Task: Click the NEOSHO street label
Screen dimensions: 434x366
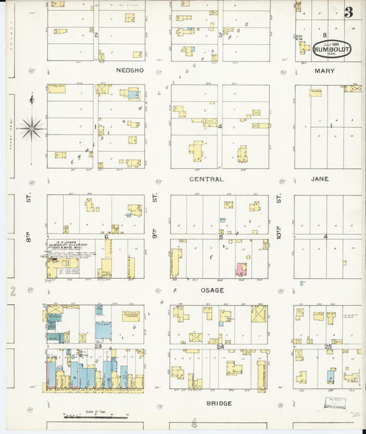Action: [133, 70]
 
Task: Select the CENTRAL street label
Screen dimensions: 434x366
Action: [206, 179]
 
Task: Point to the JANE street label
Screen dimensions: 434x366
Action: [320, 179]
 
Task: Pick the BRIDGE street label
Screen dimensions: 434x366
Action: [219, 403]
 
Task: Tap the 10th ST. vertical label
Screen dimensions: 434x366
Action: [279, 218]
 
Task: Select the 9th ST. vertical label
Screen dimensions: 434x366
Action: [155, 218]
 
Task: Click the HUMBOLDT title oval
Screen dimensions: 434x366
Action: [332, 49]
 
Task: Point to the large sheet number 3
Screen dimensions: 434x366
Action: [349, 12]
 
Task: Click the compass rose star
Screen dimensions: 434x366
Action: [31, 127]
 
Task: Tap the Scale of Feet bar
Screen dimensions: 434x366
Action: [86, 416]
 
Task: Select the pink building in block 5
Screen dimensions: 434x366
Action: [242, 269]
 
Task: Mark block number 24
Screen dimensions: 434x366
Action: [220, 347]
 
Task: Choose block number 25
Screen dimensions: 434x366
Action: [328, 347]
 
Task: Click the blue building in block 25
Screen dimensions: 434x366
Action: [331, 376]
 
